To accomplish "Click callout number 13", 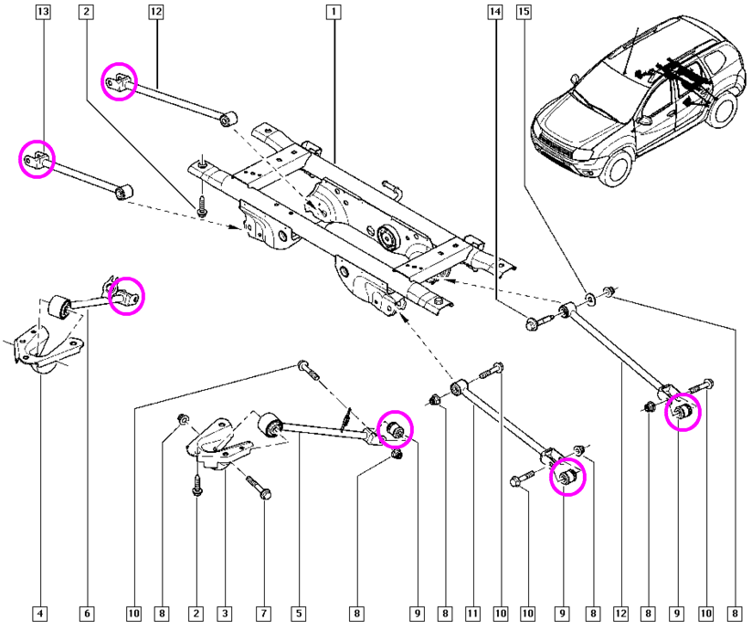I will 41,13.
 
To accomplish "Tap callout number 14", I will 494,13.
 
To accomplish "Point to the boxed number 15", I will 524,13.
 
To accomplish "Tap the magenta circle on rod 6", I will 126,296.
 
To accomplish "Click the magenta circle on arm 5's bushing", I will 395,427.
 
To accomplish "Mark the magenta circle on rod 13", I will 37,160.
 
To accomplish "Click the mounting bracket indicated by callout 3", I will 217,445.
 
